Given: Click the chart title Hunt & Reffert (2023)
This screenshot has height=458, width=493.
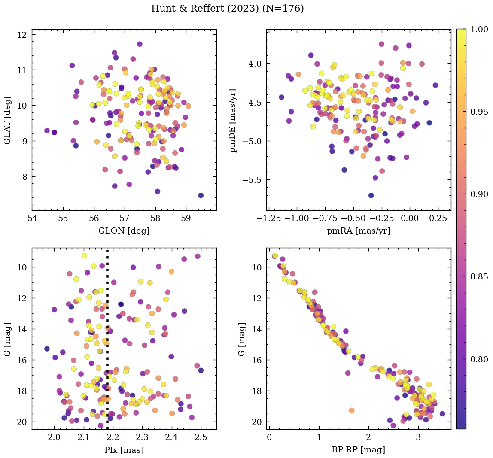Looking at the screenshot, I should pyautogui.click(x=227, y=9).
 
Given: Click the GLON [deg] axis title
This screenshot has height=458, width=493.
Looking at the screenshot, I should pyautogui.click(x=124, y=231).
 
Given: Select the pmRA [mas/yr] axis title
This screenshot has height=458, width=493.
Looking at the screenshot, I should pyautogui.click(x=359, y=231).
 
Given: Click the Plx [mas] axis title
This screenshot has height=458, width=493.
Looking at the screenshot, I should pyautogui.click(x=124, y=450).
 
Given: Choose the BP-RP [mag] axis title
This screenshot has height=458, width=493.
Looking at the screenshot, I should pyautogui.click(x=359, y=450).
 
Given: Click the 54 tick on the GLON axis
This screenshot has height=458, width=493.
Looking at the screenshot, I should pyautogui.click(x=33, y=219).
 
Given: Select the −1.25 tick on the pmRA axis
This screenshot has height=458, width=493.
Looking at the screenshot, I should pyautogui.click(x=268, y=219).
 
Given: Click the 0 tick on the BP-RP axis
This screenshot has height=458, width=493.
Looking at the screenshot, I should pyautogui.click(x=269, y=438).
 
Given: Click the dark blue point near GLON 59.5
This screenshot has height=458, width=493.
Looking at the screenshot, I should pyautogui.click(x=201, y=195).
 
